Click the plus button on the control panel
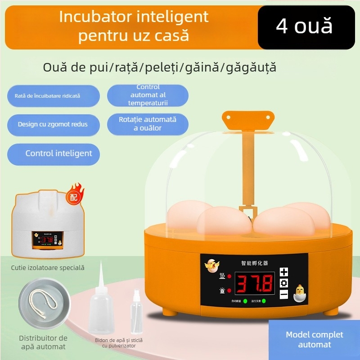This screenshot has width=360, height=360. pyautogui.click(x=284, y=272)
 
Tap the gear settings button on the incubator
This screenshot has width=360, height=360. pyautogui.click(x=284, y=283)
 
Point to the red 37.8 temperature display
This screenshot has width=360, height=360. pyautogui.click(x=255, y=284)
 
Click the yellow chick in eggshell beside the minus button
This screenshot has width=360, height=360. pyautogui.click(x=299, y=293)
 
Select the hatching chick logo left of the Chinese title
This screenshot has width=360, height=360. pyautogui.click(x=210, y=266)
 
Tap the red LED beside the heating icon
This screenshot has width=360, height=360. pyautogui.click(x=229, y=276)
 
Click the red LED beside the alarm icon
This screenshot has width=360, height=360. pyautogui.click(x=229, y=291)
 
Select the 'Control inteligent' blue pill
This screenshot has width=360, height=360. pyautogui.click(x=54, y=154)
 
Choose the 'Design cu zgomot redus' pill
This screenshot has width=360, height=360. pyautogui.click(x=53, y=124)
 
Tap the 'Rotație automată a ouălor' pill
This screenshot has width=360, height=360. pyautogui.click(x=148, y=124)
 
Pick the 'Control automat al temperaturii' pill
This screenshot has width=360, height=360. pyautogui.click(x=148, y=95)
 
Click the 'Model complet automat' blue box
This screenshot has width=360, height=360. pyautogui.click(x=314, y=340)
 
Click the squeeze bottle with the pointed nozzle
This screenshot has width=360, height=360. pyautogui.click(x=101, y=310)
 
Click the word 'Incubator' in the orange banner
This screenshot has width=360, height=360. pyautogui.click(x=90, y=17)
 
